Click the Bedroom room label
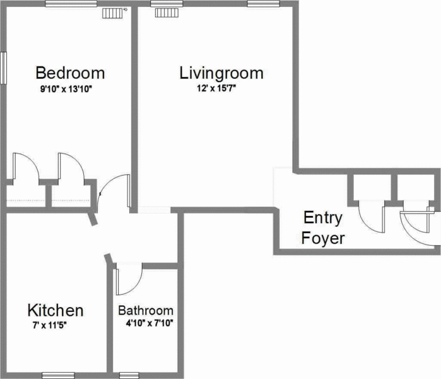tap(70, 73)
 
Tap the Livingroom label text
tap(221, 73)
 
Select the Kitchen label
tap(56, 310)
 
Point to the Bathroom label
tap(146, 310)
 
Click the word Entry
tap(323, 218)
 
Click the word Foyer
tap(323, 238)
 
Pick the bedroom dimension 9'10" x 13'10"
tap(66, 90)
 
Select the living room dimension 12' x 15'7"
tap(216, 88)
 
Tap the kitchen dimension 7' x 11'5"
tap(49, 325)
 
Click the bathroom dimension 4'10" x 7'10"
tap(150, 323)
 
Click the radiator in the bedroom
tap(112, 13)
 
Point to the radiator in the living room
tap(167, 13)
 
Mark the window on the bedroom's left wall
tap(3, 68)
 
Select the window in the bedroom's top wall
tap(71, 4)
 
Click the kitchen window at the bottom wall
tap(58, 375)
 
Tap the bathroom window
tap(129, 375)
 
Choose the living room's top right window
tap(264, 4)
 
